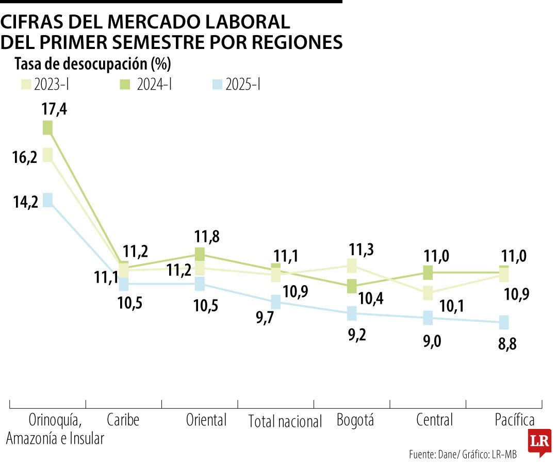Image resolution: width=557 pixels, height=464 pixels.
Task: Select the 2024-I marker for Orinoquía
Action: tap(47, 127)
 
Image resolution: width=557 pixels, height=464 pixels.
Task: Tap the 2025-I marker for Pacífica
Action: tap(504, 322)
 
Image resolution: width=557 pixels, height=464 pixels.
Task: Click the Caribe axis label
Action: tap(123, 420)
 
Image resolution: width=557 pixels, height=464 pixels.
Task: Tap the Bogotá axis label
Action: tap(355, 420)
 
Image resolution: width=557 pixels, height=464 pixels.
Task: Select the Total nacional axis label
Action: tap(285, 422)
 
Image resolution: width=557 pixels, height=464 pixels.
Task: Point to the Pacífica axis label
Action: tap(514, 420)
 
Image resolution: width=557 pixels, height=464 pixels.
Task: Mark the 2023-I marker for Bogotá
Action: tap(352, 266)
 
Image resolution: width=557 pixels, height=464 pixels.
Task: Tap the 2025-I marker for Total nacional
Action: tap(276, 302)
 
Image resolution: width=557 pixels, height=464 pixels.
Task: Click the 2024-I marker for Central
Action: tap(428, 272)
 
